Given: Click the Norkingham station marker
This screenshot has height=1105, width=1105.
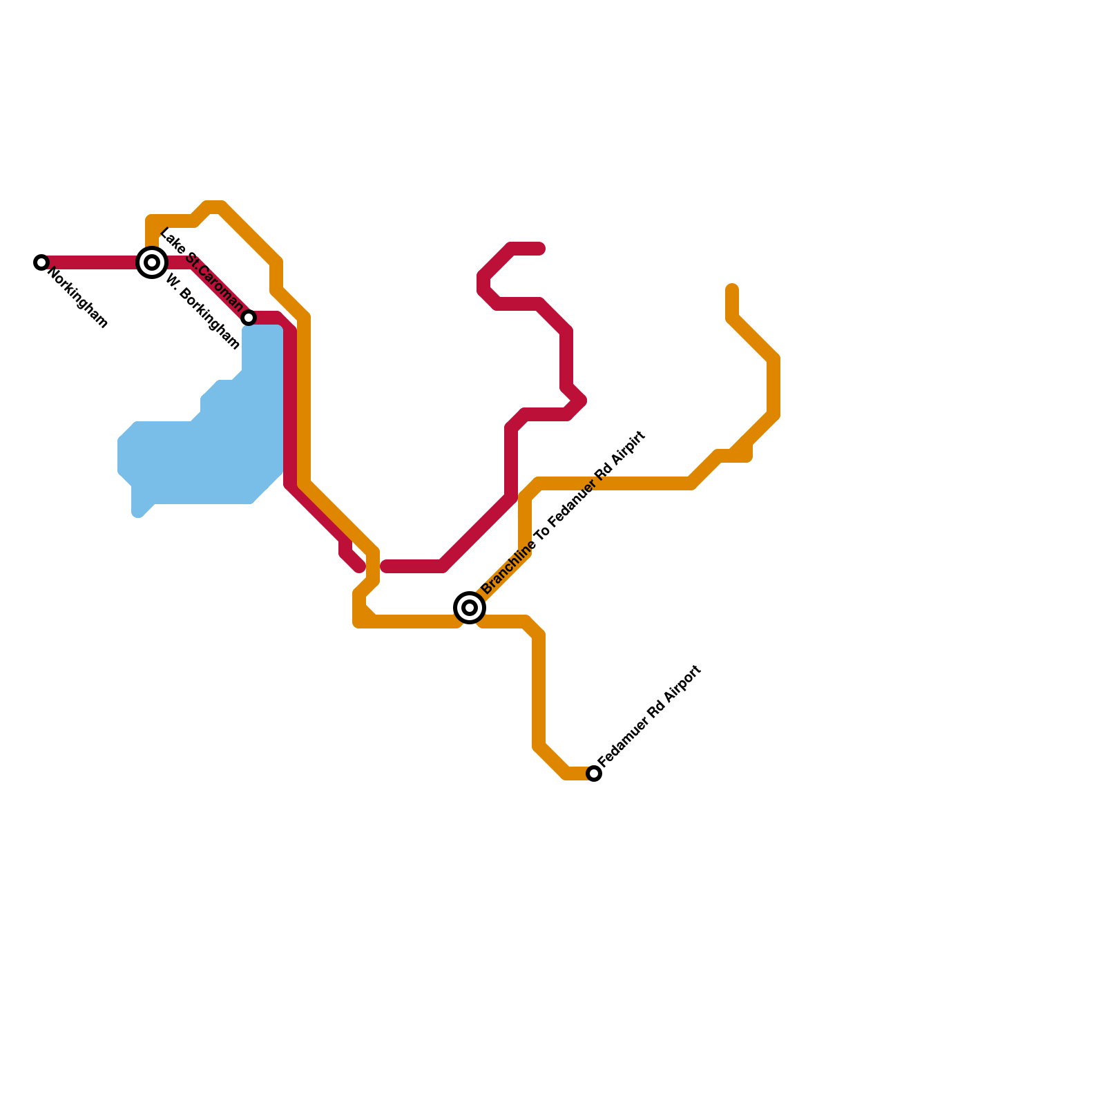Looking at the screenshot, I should click(41, 262).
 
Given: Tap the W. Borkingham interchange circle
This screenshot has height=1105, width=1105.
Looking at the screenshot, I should click(152, 262).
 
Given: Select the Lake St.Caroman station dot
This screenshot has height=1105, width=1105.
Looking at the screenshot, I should click(249, 318).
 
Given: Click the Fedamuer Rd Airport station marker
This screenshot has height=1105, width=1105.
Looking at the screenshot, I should click(594, 773).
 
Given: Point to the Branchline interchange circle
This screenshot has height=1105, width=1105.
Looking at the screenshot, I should click(470, 608).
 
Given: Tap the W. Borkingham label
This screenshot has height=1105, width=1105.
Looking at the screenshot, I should click(202, 313).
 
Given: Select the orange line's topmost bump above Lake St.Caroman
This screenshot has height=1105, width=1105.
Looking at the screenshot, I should click(215, 206).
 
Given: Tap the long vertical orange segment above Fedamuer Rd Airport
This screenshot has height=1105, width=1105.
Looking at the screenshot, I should click(539, 691).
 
